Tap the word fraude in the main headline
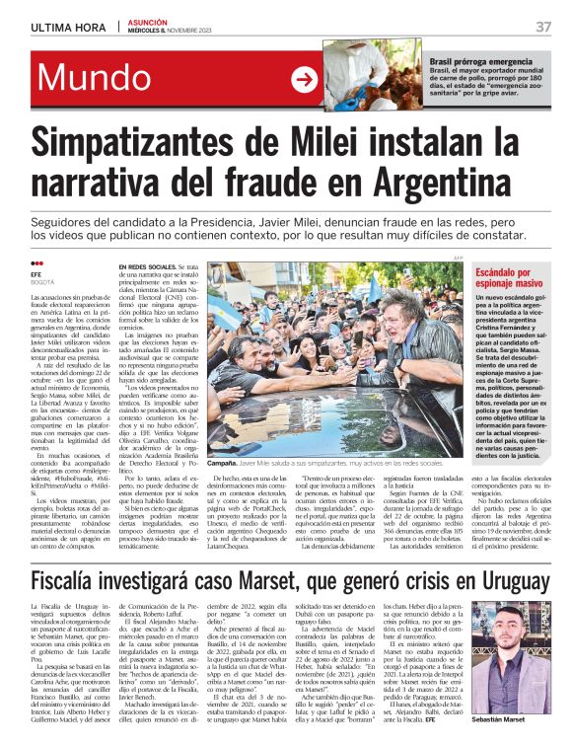pos(310,183)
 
